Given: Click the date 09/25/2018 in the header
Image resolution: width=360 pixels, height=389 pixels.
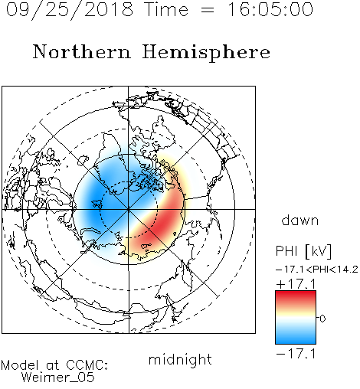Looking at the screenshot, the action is (x=70, y=9).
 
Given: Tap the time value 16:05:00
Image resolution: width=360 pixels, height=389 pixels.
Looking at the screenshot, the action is (x=270, y=9).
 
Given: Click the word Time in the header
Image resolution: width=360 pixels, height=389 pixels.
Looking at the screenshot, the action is (x=166, y=9).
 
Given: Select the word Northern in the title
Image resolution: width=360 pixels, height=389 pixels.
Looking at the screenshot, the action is (x=82, y=51).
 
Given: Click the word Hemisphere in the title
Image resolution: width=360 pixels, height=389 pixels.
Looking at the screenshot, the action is (x=206, y=53).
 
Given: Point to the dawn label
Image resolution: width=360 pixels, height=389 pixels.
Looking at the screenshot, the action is (x=300, y=220).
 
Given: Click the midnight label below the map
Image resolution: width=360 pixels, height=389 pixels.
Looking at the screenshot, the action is (x=180, y=359).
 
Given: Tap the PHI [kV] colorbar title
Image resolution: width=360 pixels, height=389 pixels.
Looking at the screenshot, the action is (x=303, y=251).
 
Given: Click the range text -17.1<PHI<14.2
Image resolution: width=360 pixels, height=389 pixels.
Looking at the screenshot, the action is (x=317, y=270).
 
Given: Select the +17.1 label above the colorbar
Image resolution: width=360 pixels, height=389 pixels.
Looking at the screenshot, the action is (x=296, y=284).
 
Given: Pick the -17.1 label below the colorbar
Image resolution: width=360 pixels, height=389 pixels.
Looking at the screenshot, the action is (x=296, y=354).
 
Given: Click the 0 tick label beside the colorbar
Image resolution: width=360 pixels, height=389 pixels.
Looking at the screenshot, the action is (x=322, y=319).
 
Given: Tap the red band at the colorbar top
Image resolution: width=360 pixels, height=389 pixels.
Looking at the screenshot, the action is (x=296, y=296).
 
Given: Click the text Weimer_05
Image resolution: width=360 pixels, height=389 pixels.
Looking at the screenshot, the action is (x=58, y=378).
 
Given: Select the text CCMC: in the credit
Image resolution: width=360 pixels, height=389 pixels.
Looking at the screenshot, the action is (x=87, y=365).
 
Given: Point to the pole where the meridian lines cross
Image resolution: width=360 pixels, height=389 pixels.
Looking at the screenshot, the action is (x=129, y=209).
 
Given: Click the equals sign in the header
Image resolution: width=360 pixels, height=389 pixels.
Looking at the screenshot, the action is (x=208, y=10).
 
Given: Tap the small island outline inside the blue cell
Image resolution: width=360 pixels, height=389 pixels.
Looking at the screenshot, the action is (x=97, y=204).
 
